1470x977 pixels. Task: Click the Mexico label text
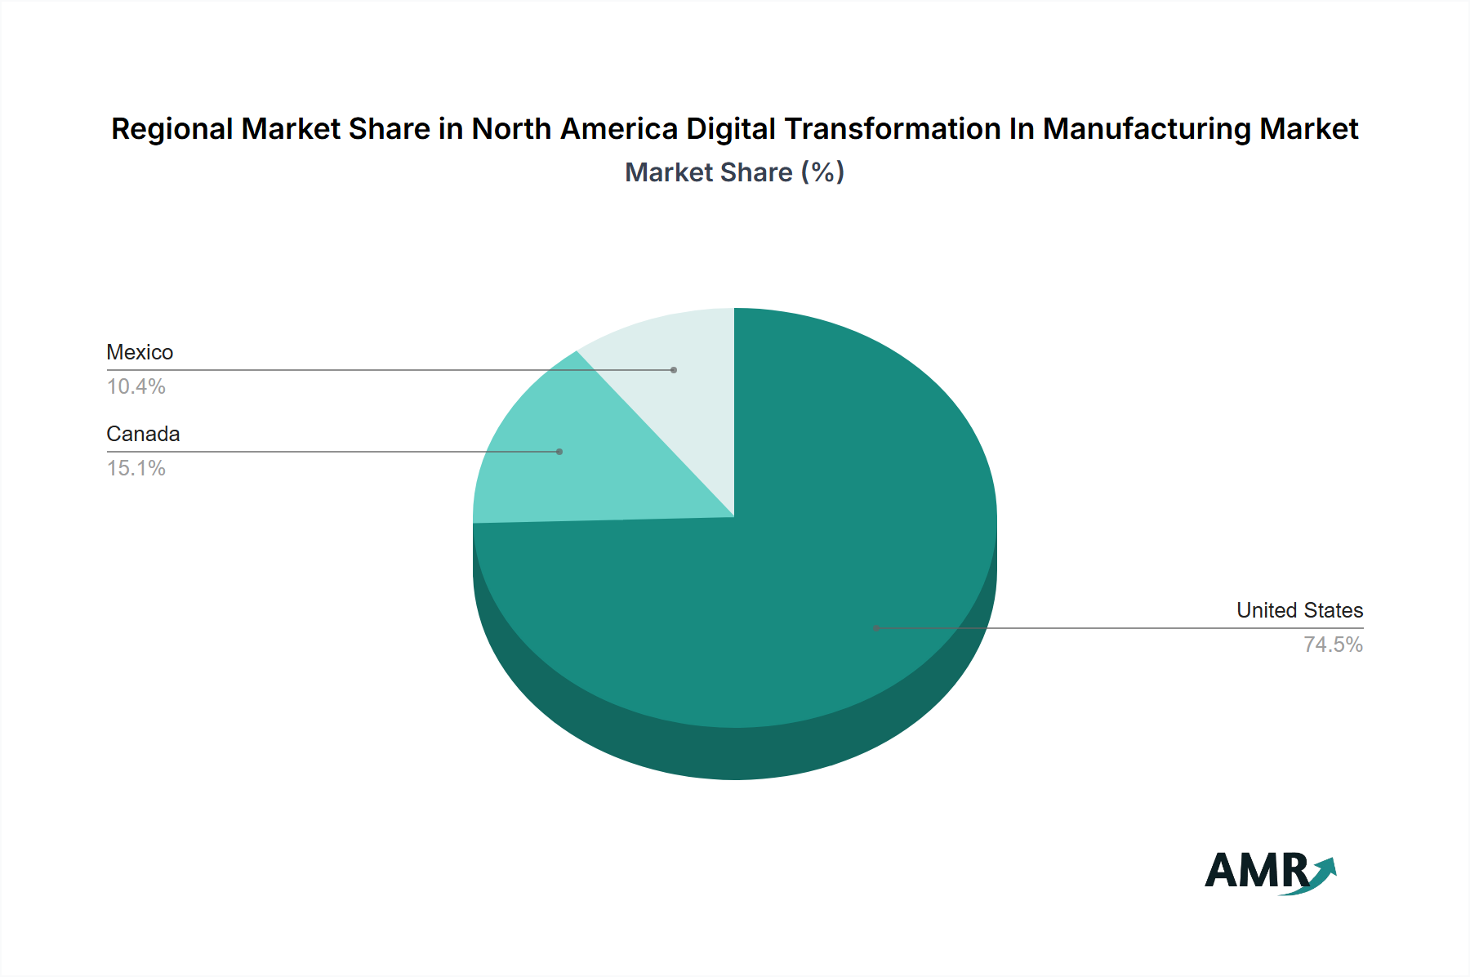pos(140,352)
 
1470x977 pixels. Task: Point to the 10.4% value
pos(136,386)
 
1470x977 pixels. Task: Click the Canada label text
pos(143,434)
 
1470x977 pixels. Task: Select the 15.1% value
pos(136,468)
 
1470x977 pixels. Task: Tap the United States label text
pos(1299,610)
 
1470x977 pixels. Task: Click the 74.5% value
pos(1333,645)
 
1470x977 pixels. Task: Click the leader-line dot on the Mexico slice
pos(674,370)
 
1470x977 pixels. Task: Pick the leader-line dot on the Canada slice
pos(559,452)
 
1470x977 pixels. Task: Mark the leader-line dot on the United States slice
pos(876,628)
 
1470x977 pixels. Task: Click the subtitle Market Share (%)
pos(734,172)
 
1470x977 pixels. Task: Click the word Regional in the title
pos(172,129)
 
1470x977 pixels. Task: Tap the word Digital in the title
pos(730,129)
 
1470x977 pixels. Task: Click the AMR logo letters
pos(1256,871)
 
